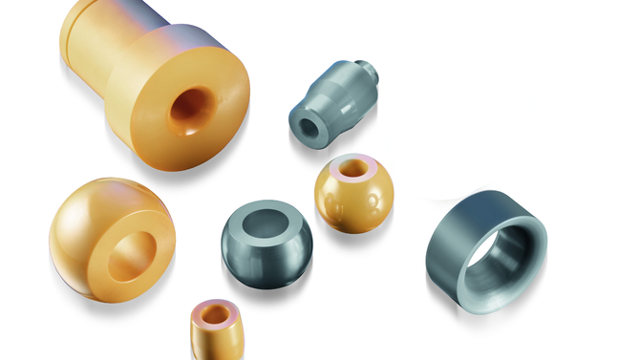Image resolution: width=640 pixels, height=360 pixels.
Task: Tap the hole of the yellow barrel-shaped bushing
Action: (217, 313)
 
